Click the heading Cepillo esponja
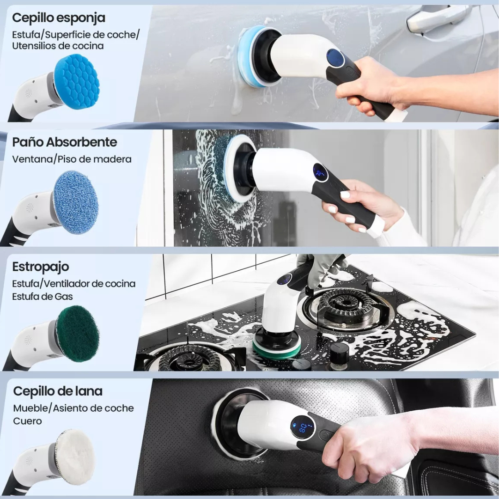59,18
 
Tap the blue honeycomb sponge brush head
77,82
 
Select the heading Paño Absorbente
65,142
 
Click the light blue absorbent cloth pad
76,202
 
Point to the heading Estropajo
41,267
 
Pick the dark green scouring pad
78,333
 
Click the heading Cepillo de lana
58,391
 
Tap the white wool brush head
75,457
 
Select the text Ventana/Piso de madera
72,159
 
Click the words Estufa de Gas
43,296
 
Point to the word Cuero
27,421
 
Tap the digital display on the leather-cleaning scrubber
303,427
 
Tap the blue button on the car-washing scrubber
335,58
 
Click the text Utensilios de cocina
58,46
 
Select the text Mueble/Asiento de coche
73,408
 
